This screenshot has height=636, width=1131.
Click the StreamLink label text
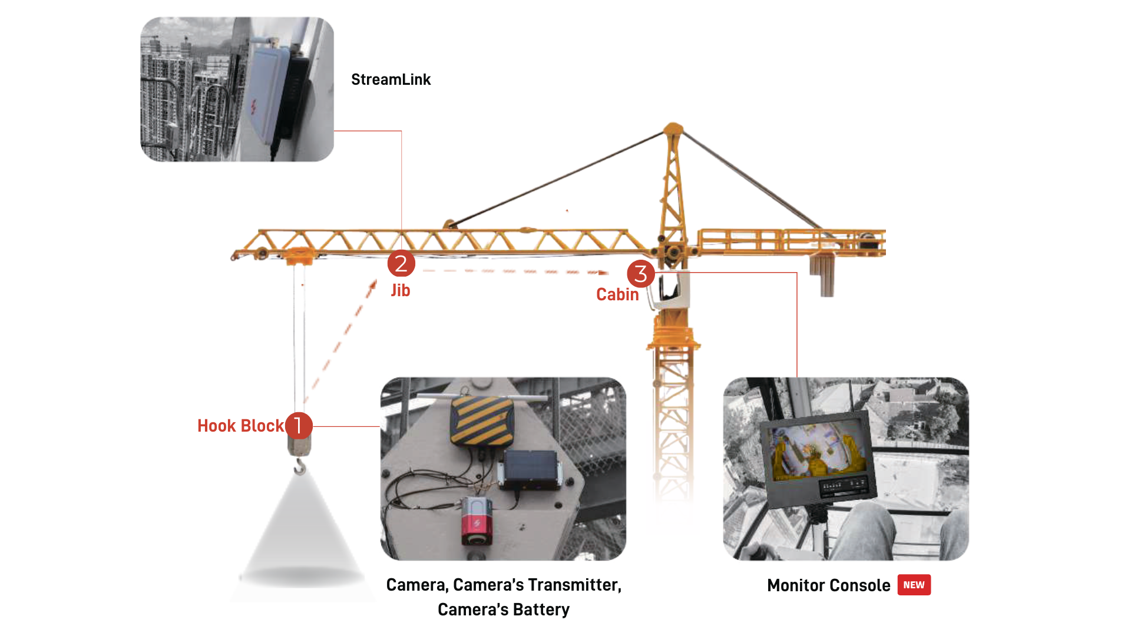[391, 79]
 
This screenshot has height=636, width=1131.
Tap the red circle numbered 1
[299, 425]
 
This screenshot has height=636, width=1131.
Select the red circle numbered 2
[401, 263]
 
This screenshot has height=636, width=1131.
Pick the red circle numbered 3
[640, 274]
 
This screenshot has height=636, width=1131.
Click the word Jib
[401, 290]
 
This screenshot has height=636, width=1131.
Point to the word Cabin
[617, 294]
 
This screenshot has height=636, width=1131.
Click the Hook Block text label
[240, 426]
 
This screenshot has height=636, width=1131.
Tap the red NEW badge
[914, 585]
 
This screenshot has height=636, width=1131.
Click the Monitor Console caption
[828, 585]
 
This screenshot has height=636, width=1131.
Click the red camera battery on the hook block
[477, 521]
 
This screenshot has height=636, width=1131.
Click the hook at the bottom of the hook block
[300, 468]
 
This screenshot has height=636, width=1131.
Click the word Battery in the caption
[541, 609]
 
